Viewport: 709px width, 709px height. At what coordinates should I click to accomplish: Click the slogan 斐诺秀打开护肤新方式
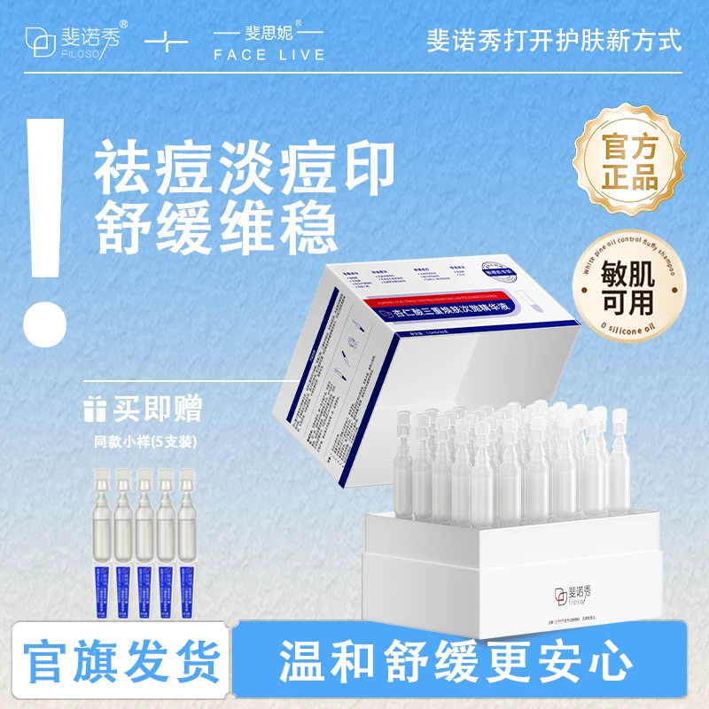click(x=555, y=41)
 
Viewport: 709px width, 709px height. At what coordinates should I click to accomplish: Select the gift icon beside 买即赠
click(x=97, y=410)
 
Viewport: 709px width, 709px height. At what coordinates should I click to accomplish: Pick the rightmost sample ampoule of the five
click(x=187, y=535)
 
